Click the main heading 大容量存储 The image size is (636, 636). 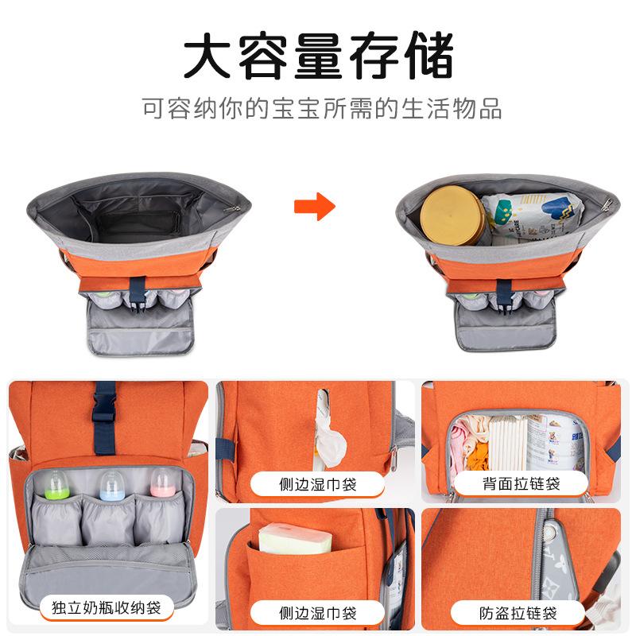(x=318, y=56)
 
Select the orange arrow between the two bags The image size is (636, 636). (x=315, y=207)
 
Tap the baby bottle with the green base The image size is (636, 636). (x=56, y=483)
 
